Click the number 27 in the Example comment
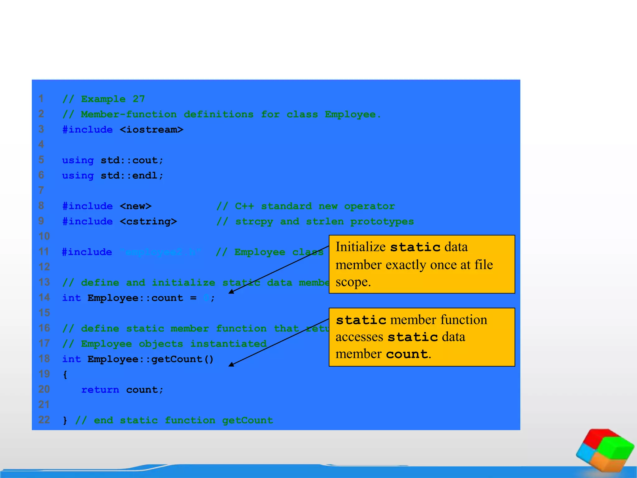click(139, 99)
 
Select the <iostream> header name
click(151, 129)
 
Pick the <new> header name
click(136, 206)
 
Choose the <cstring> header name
click(148, 221)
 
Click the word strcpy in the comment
click(254, 221)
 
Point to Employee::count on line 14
click(135, 298)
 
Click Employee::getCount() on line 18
click(151, 359)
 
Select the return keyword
click(100, 390)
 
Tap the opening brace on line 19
click(65, 374)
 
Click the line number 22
click(44, 420)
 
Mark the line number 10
click(44, 236)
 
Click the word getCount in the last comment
click(247, 420)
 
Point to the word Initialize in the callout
click(360, 247)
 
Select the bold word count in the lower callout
click(407, 354)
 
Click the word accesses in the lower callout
click(359, 337)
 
